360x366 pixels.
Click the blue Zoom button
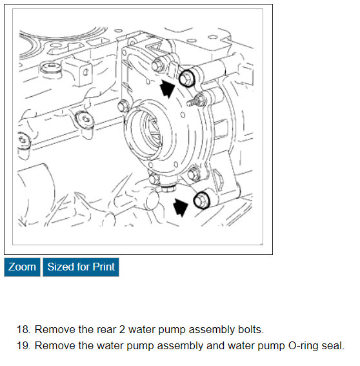click(22, 267)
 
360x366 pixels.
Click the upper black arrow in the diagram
click(167, 88)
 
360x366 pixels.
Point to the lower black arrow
click(181, 207)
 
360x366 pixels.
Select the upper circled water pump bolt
click(186, 78)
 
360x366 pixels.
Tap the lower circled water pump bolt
click(201, 200)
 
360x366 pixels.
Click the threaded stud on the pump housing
click(195, 101)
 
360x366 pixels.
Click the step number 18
click(23, 330)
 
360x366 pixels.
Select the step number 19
click(23, 346)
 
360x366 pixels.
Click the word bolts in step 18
click(251, 330)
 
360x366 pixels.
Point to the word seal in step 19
click(333, 346)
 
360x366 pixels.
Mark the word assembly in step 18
click(212, 330)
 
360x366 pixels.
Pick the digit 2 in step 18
click(122, 330)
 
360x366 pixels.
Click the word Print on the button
click(104, 267)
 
